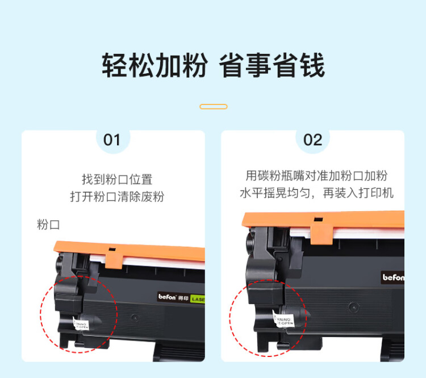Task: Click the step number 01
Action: click(x=112, y=140)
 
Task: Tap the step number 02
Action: click(x=312, y=140)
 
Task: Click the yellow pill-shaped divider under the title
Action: click(x=214, y=106)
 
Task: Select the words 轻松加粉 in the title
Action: click(x=154, y=66)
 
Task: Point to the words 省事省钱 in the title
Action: click(x=272, y=66)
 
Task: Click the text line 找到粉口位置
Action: click(x=117, y=179)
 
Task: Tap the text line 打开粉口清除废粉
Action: click(x=117, y=197)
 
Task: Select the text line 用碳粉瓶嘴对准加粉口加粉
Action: click(x=316, y=175)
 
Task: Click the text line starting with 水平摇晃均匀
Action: click(x=316, y=193)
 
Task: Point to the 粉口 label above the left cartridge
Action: click(x=48, y=224)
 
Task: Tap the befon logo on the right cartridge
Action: click(x=393, y=278)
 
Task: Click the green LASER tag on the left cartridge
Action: click(x=198, y=299)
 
